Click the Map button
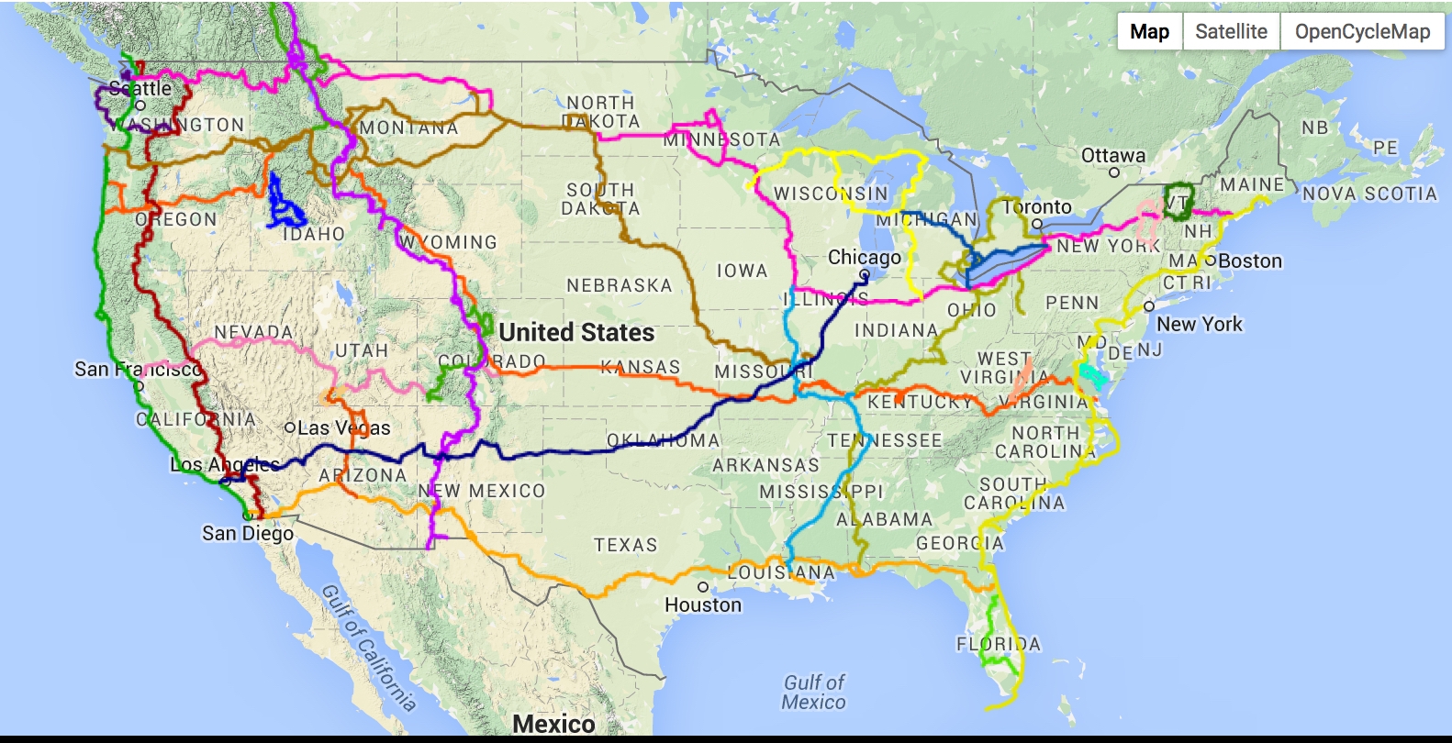1149,32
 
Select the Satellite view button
1231,32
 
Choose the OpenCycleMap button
1362,32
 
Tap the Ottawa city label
1112,156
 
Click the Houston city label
702,605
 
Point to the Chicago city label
864,258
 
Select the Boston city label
1249,261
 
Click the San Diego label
248,534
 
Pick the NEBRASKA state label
620,285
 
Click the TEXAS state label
625,546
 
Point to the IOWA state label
742,271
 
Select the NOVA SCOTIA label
1368,194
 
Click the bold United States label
576,332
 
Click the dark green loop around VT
1178,202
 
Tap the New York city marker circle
1148,306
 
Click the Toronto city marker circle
1037,223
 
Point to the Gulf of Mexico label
813,693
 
